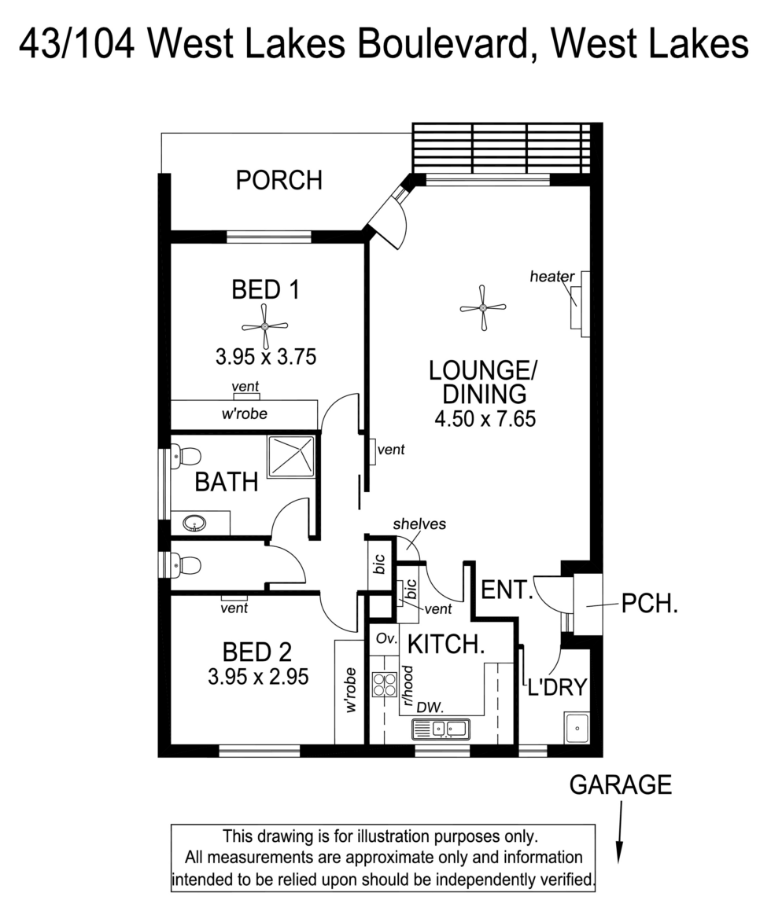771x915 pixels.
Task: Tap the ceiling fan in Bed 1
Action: (265, 325)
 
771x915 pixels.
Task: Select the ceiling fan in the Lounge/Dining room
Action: (482, 308)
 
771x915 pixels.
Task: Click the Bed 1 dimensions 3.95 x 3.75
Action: (265, 358)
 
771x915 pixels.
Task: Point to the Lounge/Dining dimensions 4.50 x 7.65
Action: (485, 419)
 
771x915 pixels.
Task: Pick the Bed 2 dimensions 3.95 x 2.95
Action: (257, 676)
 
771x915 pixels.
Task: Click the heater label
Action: (552, 276)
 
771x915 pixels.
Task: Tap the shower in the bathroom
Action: (291, 457)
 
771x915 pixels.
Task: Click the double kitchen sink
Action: (441, 729)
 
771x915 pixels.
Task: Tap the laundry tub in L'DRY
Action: (577, 728)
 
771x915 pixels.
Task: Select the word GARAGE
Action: (621, 785)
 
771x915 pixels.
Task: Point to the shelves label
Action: (419, 524)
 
